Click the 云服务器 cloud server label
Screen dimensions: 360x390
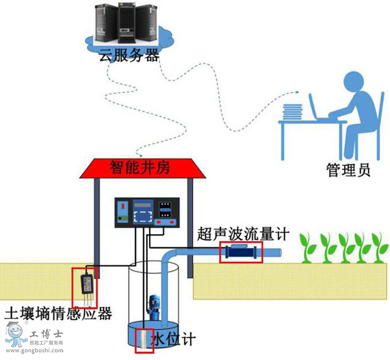tap(130, 55)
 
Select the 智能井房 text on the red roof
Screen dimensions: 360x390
tap(144, 168)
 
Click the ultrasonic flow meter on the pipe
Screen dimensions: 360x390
tap(241, 252)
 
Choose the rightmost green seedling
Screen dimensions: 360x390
tap(377, 248)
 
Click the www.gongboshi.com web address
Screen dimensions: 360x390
tap(35, 350)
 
